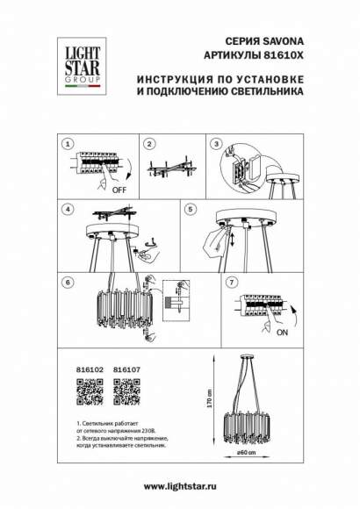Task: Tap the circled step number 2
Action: click(150, 143)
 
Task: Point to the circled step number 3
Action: click(214, 143)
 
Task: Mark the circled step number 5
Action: click(189, 211)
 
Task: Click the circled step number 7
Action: click(231, 284)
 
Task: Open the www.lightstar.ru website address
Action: click(180, 486)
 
